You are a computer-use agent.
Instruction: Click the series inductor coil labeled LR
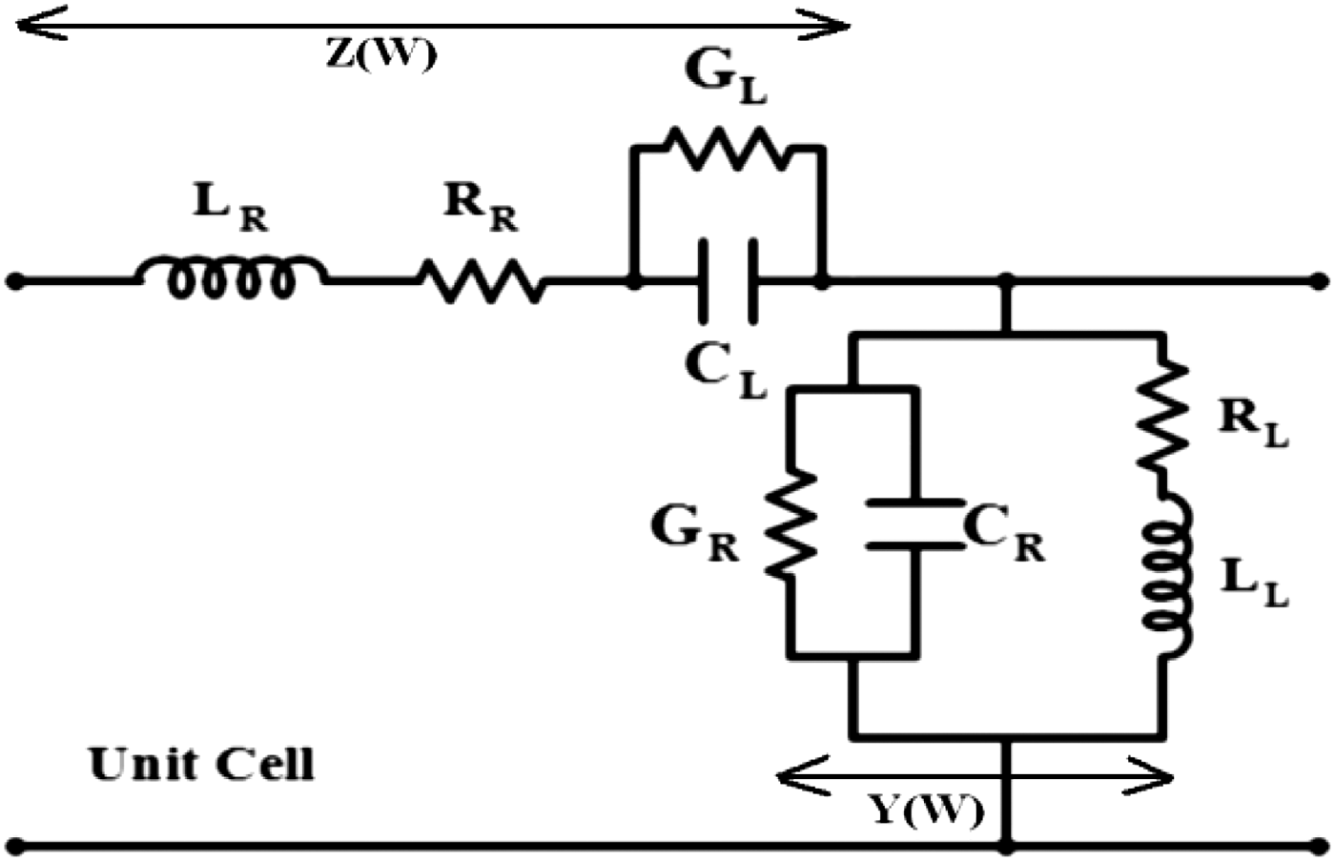[232, 277]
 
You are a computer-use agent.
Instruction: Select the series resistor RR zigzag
[482, 281]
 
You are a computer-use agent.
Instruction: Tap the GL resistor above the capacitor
[728, 148]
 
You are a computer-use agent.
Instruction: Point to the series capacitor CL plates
[728, 280]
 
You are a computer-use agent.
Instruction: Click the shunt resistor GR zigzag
[790, 523]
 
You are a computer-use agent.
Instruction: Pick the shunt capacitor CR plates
[914, 523]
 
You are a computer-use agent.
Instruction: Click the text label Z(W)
[381, 54]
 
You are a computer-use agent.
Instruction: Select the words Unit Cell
[201, 765]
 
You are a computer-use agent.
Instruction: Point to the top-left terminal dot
[15, 281]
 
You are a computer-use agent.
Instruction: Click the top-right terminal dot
[1320, 281]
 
